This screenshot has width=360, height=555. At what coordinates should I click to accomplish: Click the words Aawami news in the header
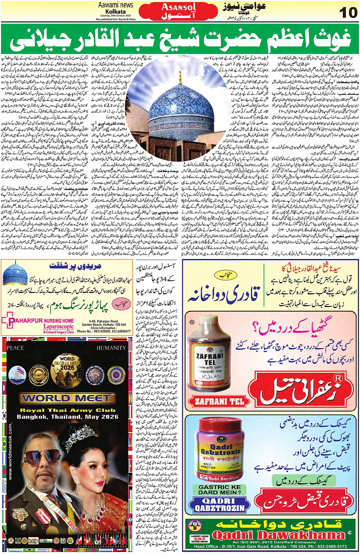point(115,5)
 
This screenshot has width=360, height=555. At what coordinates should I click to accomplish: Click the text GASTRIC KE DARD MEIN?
point(219,489)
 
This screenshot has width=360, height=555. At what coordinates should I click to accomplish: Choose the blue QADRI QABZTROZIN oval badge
point(219,505)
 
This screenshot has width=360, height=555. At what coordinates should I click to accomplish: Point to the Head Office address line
point(270,546)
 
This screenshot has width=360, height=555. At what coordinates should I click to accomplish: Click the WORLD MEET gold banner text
point(67,398)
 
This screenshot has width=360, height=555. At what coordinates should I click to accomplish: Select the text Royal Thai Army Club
point(67,410)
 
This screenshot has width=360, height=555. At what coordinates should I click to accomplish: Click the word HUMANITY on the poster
point(111,348)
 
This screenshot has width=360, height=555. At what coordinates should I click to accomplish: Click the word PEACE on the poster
point(15,348)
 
